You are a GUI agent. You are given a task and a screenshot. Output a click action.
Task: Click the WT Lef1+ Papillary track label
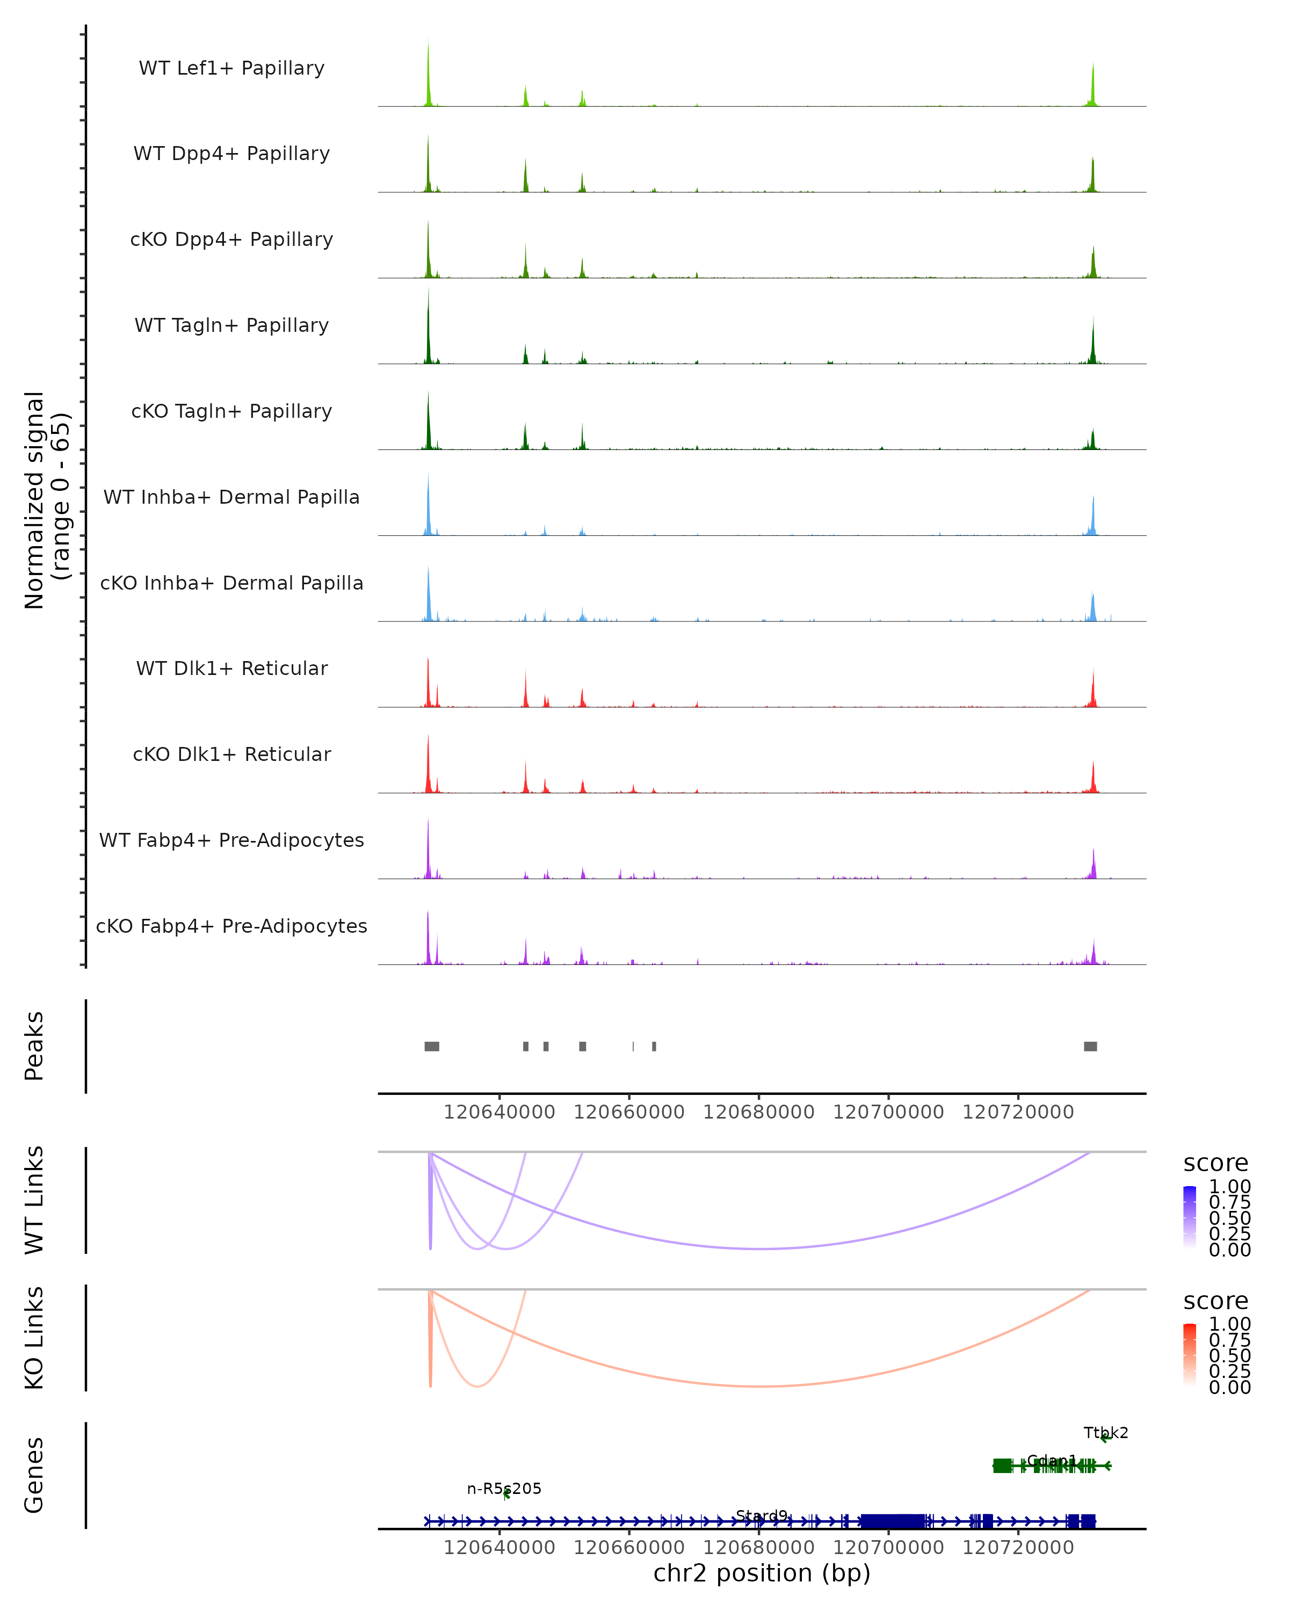[x=231, y=68]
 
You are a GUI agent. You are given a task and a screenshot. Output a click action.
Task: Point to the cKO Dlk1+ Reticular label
[x=231, y=754]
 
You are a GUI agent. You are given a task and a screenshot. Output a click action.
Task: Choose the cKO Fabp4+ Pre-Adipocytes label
[x=231, y=926]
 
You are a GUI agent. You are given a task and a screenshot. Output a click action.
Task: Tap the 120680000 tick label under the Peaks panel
[x=758, y=1112]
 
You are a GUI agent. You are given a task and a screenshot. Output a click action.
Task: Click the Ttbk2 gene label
[x=1106, y=1432]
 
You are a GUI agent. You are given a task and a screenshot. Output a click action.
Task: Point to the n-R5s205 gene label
[x=504, y=1489]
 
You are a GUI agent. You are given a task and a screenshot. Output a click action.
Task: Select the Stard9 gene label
[x=762, y=1515]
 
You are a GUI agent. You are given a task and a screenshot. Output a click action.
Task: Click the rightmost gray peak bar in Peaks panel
[x=1090, y=1046]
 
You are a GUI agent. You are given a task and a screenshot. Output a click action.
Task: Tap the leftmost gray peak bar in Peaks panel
[x=432, y=1046]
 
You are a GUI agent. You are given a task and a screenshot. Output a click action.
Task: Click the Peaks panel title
[x=34, y=1046]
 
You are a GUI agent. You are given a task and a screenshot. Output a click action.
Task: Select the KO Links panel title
[x=34, y=1338]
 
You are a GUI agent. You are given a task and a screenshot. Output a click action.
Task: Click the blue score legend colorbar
[x=1190, y=1217]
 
